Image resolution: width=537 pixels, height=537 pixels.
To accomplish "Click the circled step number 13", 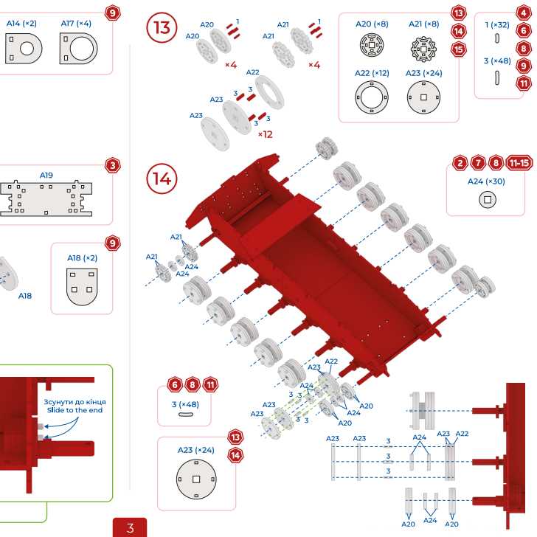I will tap(162, 28).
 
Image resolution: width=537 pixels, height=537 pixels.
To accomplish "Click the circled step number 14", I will tap(162, 179).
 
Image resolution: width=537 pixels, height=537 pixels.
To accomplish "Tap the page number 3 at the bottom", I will tap(130, 527).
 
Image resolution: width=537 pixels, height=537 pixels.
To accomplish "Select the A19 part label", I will tap(46, 176).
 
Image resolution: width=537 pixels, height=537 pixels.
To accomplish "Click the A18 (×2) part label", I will tap(82, 258).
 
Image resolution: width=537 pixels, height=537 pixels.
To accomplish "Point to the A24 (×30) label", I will tap(486, 181).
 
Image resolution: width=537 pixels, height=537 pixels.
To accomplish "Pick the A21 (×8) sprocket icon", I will tap(424, 47).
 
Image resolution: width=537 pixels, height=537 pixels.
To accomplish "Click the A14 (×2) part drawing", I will tap(23, 49).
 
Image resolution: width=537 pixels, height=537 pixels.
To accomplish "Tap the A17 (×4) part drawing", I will tap(77, 49).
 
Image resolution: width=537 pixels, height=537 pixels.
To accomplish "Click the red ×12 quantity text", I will tap(265, 134).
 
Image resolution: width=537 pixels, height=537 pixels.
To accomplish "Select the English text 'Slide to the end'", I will tap(75, 410).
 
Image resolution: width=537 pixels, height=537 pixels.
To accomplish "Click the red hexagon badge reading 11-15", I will tap(519, 163).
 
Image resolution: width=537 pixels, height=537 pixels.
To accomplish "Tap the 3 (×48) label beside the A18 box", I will tap(185, 403).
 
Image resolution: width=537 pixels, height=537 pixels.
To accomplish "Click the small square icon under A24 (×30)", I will tap(486, 199).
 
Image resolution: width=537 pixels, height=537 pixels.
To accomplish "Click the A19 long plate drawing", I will tap(46, 198).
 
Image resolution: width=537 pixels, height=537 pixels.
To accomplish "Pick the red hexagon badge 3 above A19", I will tap(113, 165).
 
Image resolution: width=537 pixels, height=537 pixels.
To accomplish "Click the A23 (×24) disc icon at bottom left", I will tap(195, 479).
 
